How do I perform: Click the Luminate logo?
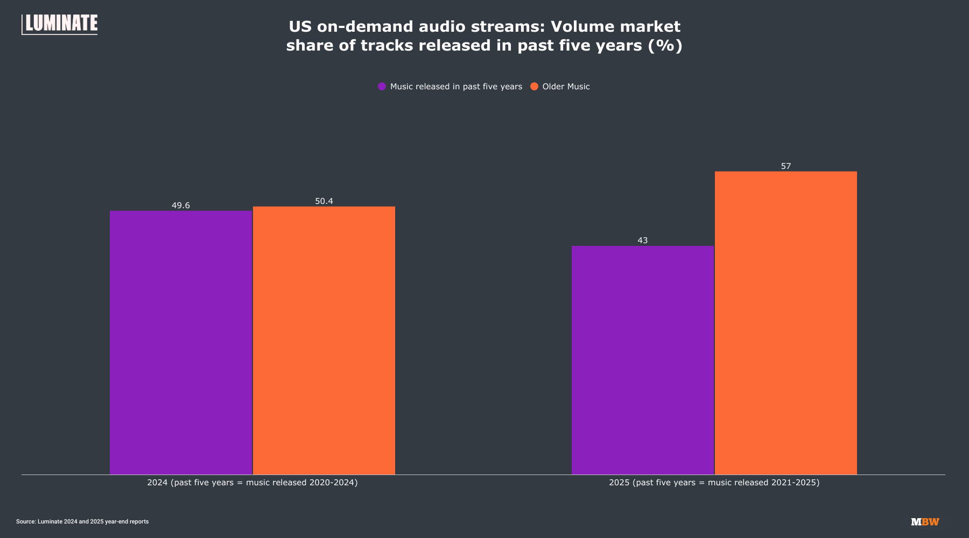pos(60,24)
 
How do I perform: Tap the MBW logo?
pos(925,522)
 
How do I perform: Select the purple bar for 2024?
pos(181,343)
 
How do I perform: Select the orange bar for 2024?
pos(324,341)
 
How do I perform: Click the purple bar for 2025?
pos(643,360)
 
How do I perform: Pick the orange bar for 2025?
pos(786,323)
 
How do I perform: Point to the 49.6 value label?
pos(181,206)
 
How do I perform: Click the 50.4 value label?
pos(324,201)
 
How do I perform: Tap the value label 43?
pos(643,240)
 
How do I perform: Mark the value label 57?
pos(786,166)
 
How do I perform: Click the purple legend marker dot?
pos(382,87)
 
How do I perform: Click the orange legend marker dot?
pos(535,87)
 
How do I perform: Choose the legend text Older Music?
pos(566,87)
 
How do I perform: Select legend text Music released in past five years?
pos(456,87)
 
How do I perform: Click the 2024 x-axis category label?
pos(252,483)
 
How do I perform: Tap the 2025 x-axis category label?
pos(714,483)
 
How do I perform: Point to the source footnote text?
pos(82,522)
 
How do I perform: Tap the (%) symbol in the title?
pos(665,45)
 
